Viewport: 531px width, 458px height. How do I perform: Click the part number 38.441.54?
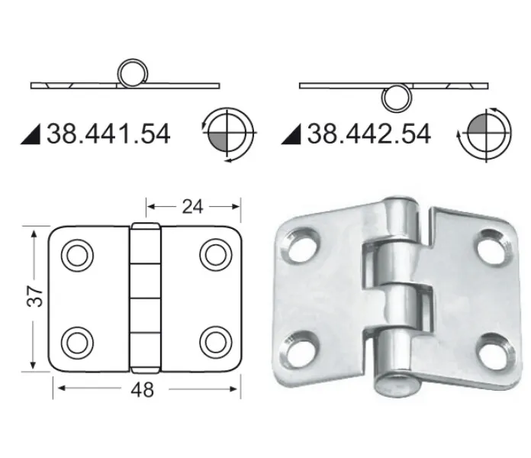pos(108,134)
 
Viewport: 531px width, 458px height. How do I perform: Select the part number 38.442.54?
pos(369,134)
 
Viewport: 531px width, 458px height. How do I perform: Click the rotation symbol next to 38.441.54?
pos(228,134)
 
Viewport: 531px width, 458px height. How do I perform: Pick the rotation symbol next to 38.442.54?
pos(486,134)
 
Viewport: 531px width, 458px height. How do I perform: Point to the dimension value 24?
pos(192,207)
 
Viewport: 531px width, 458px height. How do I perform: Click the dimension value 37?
pos(34,296)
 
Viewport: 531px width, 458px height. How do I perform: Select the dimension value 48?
pos(142,389)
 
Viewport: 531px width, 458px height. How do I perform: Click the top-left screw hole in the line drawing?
pos(77,256)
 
